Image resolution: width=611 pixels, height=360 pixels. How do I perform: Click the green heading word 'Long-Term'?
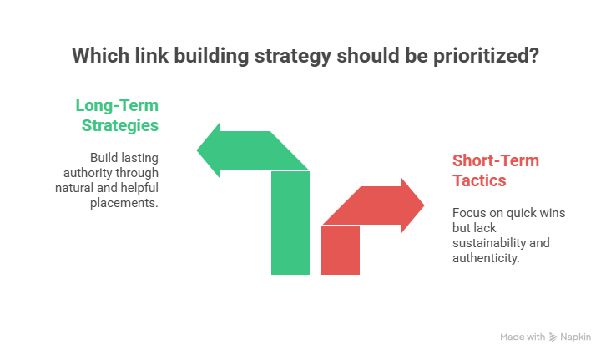[x=117, y=106]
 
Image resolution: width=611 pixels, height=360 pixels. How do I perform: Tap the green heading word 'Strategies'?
[x=120, y=126]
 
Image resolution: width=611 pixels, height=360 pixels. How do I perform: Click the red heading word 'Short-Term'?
[x=495, y=160]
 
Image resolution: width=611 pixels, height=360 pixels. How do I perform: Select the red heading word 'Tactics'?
[x=479, y=180]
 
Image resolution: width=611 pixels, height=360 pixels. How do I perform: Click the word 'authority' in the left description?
[x=87, y=173]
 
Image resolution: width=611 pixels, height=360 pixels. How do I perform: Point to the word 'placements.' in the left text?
[x=123, y=203]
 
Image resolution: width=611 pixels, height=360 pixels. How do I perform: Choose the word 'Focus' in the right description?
[x=467, y=212]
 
